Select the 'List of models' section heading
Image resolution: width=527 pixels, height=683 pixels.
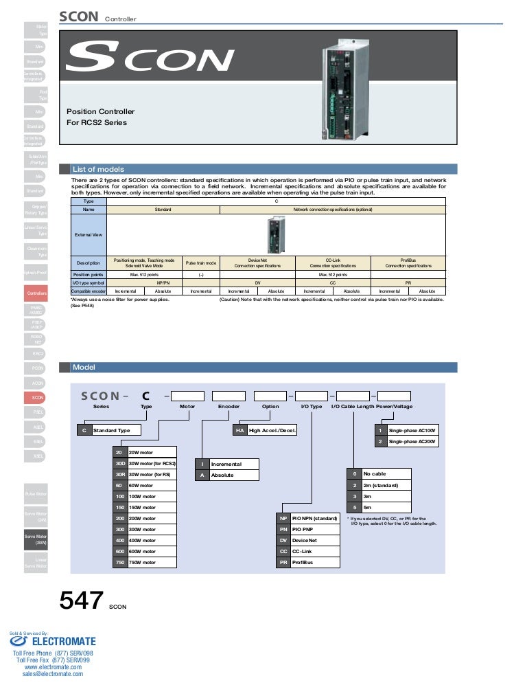coord(98,169)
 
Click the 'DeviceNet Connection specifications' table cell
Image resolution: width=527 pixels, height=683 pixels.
coord(257,263)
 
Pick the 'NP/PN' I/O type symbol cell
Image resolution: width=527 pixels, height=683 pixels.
coord(163,282)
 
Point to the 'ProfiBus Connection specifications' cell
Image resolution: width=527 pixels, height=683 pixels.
coord(408,263)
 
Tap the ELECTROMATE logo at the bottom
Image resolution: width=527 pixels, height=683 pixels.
coord(54,642)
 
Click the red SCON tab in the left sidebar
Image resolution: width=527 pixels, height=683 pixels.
coord(38,397)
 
